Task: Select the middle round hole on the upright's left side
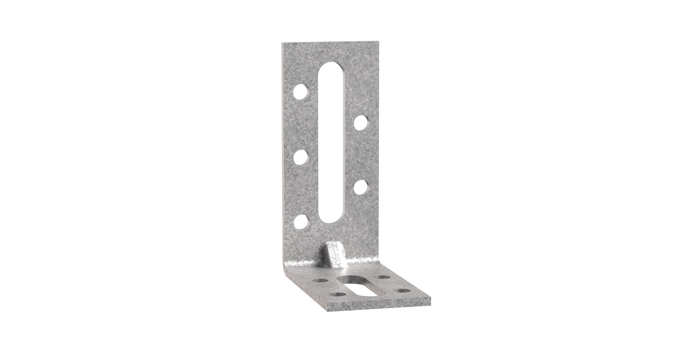pos(301,157)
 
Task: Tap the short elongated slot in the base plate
pos(360,286)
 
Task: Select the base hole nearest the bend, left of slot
pos(321,280)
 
